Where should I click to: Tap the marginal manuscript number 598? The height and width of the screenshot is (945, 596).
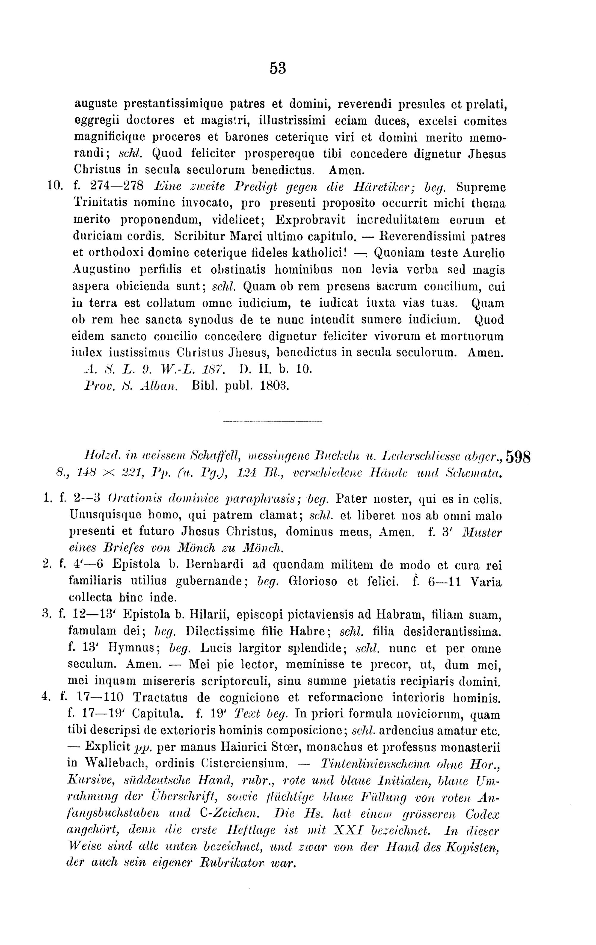[518, 457]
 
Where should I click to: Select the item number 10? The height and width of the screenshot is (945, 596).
[53, 186]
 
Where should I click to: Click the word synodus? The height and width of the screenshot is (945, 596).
[208, 320]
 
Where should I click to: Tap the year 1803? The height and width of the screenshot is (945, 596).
[274, 386]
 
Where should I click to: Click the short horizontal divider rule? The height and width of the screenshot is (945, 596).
[272, 422]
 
